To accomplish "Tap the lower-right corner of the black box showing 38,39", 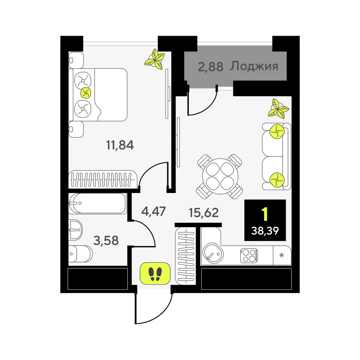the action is [286, 241].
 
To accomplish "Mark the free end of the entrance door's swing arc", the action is [135, 323].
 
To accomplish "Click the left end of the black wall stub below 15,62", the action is [175, 225].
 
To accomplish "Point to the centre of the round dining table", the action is [220, 176].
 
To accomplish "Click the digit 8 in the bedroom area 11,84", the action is [121, 145].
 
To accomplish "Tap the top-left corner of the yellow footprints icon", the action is [140, 262].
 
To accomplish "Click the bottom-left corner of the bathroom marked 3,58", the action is [68, 266].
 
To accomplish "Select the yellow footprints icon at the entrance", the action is [155, 273].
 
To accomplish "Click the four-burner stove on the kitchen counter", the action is [249, 256].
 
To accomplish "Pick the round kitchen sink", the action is [213, 253].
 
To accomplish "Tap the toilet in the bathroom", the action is [80, 254].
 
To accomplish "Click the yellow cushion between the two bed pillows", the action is [86, 93].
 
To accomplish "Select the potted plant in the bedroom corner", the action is [155, 59].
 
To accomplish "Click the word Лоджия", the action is [254, 67].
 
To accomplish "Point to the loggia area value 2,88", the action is [211, 67].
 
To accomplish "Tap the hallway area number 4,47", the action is [153, 211].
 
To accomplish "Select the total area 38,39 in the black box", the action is [265, 231].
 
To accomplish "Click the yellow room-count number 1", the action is [265, 214].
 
